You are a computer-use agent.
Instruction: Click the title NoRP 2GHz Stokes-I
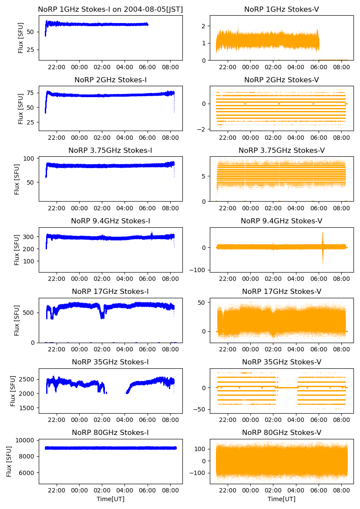pyautogui.click(x=111, y=80)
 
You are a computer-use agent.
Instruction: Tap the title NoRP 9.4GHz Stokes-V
pyautogui.click(x=281, y=221)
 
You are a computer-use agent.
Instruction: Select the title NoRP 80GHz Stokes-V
pyautogui.click(x=281, y=433)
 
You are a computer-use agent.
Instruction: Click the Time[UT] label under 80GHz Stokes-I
pyautogui.click(x=111, y=499)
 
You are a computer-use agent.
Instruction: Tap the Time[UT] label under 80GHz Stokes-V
pyautogui.click(x=281, y=499)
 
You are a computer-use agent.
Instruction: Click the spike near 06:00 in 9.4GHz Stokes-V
pyautogui.click(x=323, y=247)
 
